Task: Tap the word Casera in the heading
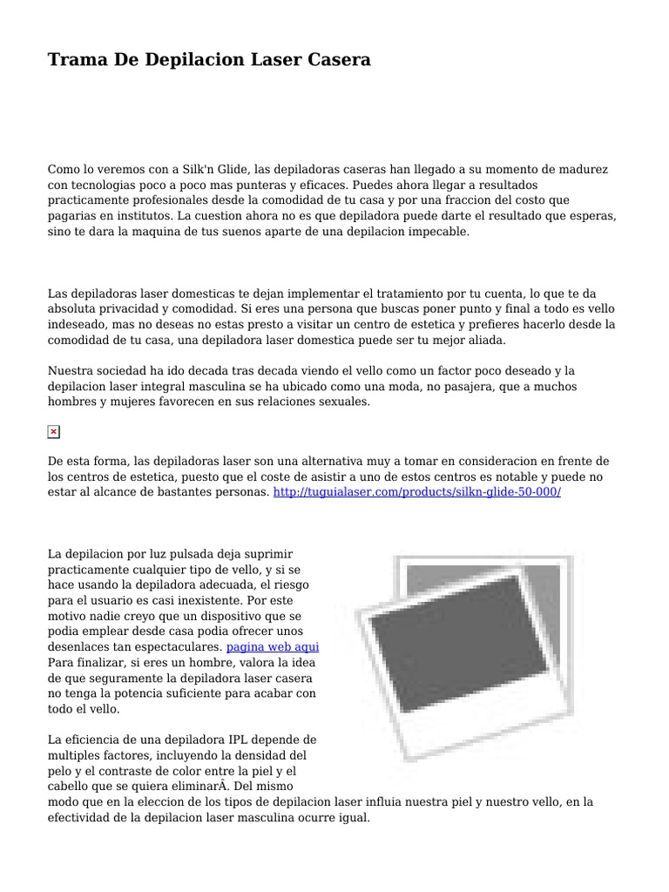coord(335,59)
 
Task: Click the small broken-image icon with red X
coord(53,432)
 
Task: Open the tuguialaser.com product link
coord(417,493)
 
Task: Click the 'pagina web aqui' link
coord(273,648)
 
